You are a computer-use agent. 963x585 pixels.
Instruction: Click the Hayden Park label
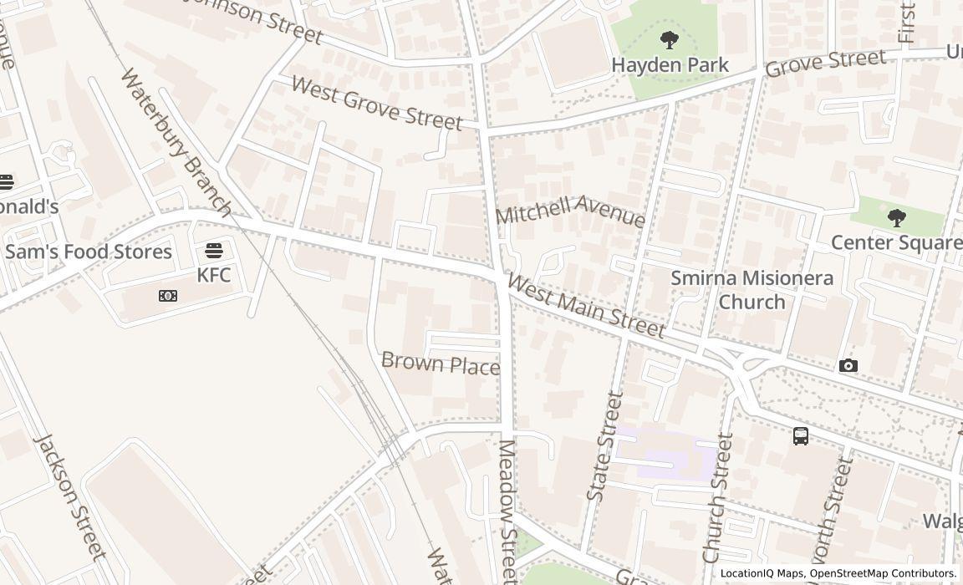[x=670, y=64]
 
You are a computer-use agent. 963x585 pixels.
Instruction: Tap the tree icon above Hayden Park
[x=669, y=39]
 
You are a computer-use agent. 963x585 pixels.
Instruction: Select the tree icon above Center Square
[x=896, y=219]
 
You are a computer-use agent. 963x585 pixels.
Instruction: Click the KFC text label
[x=214, y=275]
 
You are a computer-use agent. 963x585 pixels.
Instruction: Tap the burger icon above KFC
[x=214, y=251]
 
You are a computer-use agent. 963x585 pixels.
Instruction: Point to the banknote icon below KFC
[x=168, y=296]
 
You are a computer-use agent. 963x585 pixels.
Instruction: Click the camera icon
[x=848, y=366]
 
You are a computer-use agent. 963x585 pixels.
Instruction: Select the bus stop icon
[x=800, y=435]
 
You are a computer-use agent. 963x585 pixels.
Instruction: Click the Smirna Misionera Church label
[x=752, y=289]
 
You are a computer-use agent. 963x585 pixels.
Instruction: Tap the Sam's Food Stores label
[x=88, y=252]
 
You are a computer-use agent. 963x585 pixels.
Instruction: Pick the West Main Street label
[x=586, y=307]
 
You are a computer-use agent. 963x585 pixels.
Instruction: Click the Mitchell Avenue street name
[x=570, y=211]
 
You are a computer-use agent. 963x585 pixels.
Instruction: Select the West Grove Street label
[x=376, y=104]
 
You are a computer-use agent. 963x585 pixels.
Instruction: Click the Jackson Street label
[x=70, y=496]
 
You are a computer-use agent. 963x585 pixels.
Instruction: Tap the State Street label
[x=605, y=446]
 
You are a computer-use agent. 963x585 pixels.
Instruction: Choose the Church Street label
[x=718, y=497]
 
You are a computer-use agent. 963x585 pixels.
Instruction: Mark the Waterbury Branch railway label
[x=175, y=142]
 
